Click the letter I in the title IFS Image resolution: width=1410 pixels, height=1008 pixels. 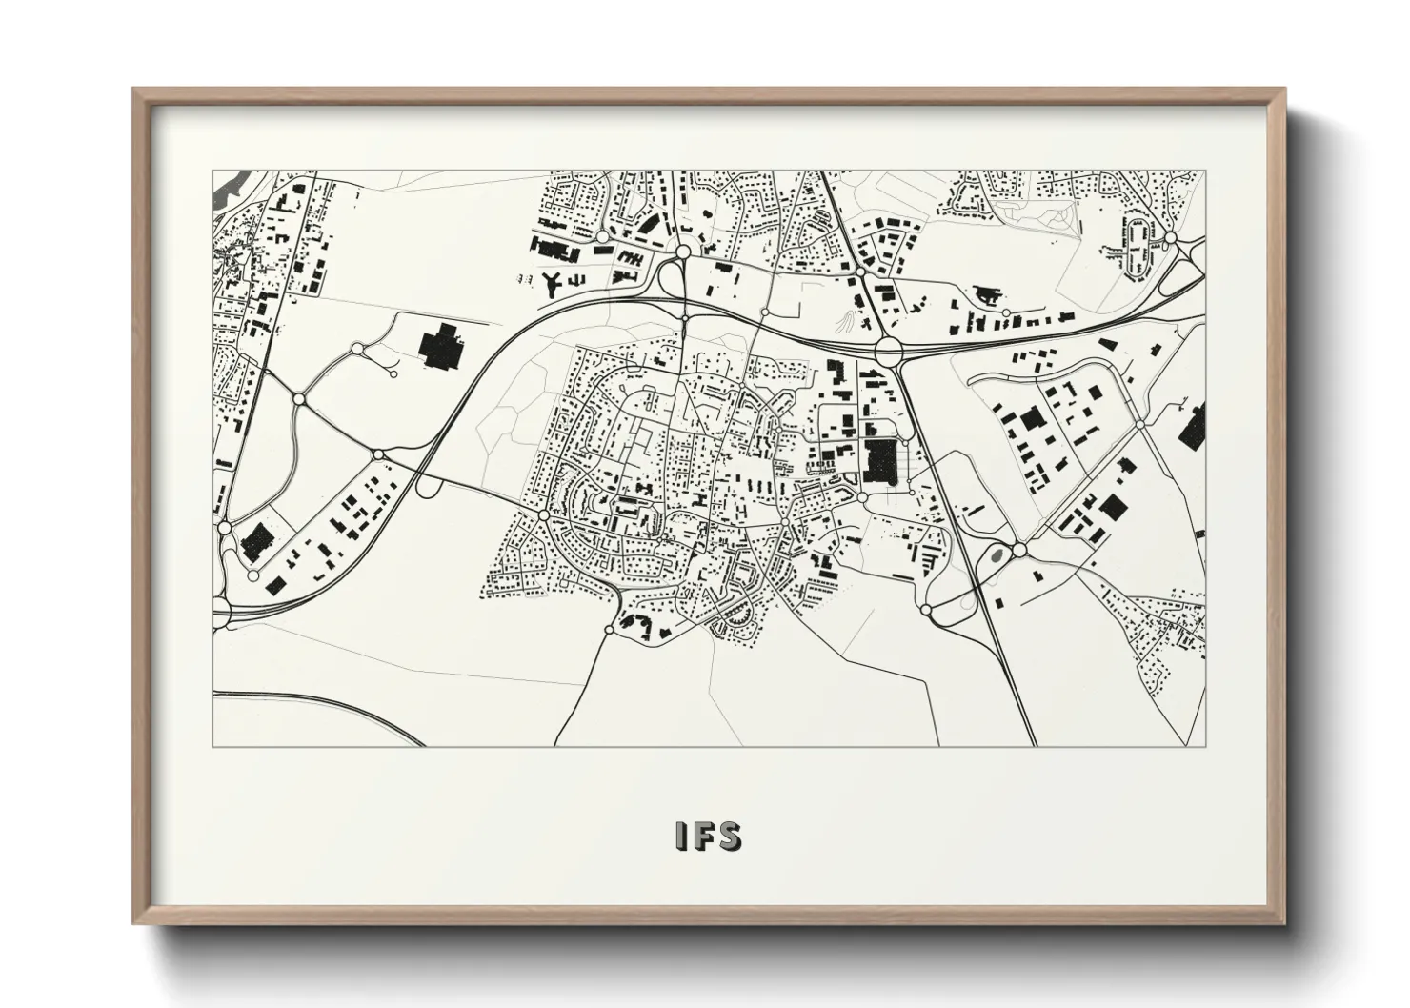coord(679,836)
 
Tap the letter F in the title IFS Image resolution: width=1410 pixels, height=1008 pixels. coord(702,836)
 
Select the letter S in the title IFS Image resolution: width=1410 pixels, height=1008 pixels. coord(729,836)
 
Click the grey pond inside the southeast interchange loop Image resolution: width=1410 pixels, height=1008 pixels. coord(997,552)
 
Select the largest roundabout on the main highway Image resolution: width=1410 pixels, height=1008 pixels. coord(888,349)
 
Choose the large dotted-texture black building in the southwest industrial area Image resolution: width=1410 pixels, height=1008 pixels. coord(255,542)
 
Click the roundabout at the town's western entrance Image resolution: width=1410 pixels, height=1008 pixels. coord(543,515)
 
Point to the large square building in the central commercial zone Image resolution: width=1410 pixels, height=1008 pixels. coord(880,460)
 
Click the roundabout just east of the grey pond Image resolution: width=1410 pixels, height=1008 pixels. coord(1018,550)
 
